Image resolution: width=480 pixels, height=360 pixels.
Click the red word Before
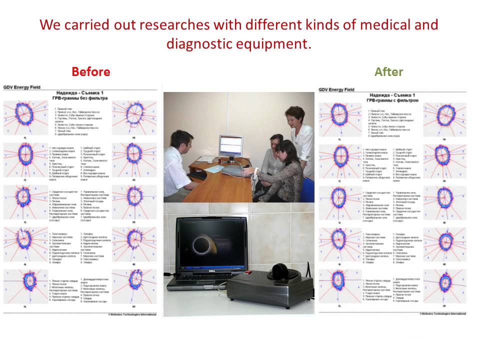(x=90, y=72)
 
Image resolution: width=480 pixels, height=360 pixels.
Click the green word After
(x=388, y=72)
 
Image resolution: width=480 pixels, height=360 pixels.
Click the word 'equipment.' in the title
(x=281, y=44)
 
